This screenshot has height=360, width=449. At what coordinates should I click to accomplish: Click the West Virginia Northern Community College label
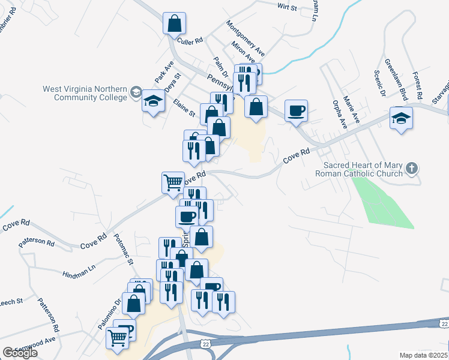click(84, 93)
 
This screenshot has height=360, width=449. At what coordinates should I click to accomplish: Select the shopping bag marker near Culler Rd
click(174, 24)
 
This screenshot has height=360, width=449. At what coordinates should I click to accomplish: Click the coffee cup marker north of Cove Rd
click(296, 111)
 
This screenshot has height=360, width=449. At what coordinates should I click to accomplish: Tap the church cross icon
click(411, 168)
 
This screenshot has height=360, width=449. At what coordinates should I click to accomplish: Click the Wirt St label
click(288, 7)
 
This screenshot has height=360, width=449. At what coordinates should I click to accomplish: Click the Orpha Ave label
click(340, 115)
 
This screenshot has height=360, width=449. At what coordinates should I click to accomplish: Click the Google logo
click(20, 353)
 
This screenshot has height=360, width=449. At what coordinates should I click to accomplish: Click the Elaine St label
click(184, 109)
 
